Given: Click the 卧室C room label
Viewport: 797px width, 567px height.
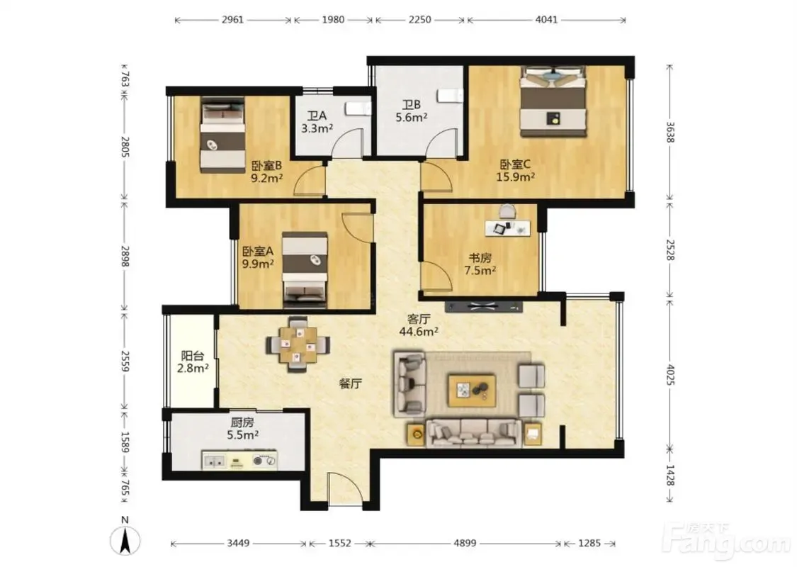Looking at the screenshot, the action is (515, 164).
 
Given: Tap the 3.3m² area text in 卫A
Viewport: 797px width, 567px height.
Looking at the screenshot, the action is (317, 129).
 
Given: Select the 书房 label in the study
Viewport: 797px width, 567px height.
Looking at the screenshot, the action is (480, 258).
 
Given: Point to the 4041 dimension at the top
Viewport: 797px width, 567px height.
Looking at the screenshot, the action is (546, 20).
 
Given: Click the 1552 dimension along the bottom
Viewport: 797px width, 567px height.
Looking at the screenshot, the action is (339, 543).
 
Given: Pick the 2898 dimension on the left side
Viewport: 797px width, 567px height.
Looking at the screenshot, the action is (125, 257).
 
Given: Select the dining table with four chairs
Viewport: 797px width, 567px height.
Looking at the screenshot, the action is (298, 344).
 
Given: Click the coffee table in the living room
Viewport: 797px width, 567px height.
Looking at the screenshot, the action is (472, 391).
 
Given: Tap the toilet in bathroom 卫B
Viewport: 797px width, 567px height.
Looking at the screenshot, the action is (451, 96).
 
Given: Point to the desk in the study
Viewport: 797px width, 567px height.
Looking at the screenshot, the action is (507, 228).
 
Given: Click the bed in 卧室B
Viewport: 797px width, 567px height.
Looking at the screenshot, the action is (222, 135).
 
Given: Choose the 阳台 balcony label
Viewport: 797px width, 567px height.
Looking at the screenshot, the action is (192, 356).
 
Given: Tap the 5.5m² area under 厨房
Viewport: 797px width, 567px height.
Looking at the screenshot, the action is (242, 434).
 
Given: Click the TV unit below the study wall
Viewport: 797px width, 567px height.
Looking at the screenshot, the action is (483, 307).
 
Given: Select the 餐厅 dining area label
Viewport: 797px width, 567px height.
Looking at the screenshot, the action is (350, 383).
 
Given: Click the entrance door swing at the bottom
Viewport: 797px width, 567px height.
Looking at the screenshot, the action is (345, 489).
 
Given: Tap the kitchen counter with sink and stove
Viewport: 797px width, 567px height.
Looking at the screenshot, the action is (239, 460).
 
